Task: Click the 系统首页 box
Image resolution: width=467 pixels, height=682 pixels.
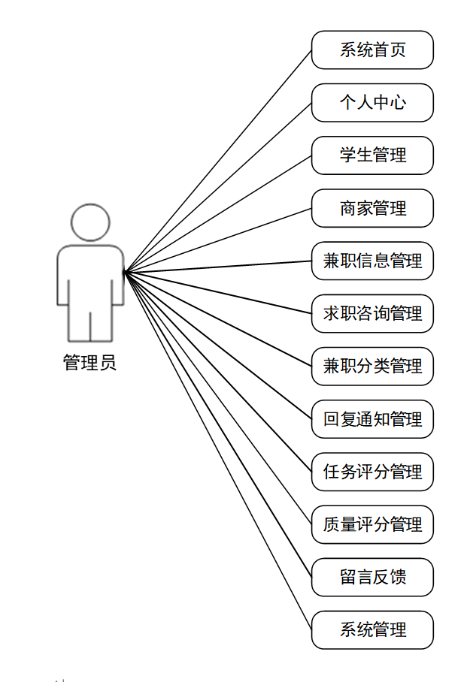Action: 372,50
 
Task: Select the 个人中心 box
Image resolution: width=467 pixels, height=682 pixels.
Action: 372,102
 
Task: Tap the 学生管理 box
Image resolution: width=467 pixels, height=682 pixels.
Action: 372,155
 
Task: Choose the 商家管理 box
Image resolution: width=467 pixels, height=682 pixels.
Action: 372,208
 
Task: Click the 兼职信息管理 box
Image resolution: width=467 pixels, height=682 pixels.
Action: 372,261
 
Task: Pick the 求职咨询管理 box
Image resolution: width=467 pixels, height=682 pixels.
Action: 372,313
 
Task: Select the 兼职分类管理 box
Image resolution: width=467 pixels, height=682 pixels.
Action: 372,366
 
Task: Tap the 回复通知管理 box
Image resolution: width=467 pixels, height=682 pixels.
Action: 372,419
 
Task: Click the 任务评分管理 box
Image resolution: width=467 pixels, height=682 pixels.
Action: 372,472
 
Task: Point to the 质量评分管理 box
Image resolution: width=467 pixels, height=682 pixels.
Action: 372,524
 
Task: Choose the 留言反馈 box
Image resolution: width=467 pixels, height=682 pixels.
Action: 372,577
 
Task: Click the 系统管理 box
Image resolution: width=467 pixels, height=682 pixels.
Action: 372,629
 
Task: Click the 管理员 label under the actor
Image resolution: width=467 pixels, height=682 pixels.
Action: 89,364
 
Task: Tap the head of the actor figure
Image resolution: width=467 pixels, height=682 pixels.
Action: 90,222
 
